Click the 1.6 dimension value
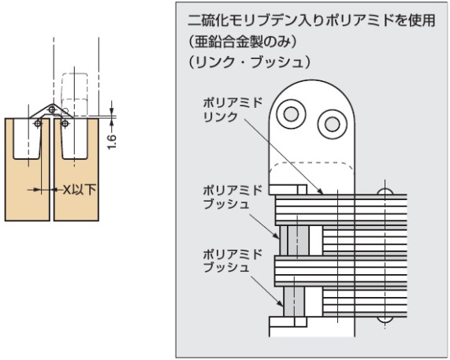(x=112, y=141)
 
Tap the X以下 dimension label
(x=79, y=189)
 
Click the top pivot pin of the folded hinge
(x=52, y=109)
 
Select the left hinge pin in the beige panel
(x=38, y=124)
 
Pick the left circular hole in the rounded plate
(x=291, y=114)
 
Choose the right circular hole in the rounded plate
(x=333, y=124)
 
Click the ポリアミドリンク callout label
(x=232, y=109)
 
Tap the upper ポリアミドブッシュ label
(x=232, y=198)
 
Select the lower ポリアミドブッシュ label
(x=232, y=261)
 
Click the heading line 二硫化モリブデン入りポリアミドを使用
(x=311, y=21)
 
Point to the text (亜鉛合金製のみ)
(x=243, y=43)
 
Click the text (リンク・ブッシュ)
(x=249, y=63)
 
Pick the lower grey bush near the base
(x=294, y=302)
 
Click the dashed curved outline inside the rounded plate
(x=311, y=164)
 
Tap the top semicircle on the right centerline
(x=385, y=191)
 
